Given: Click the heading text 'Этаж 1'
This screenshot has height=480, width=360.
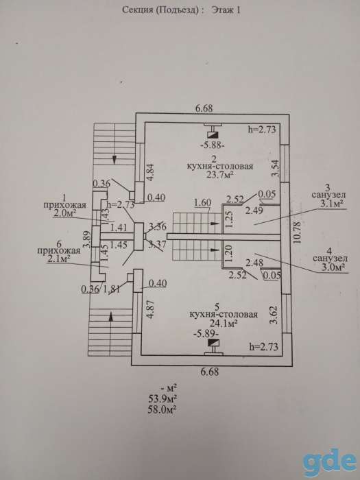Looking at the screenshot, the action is click(x=226, y=10).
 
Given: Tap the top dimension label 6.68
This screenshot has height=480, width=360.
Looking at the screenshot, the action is click(x=204, y=108).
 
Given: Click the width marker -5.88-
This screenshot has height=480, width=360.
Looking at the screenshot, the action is click(x=213, y=146).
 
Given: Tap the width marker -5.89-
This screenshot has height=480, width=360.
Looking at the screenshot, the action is click(x=206, y=333).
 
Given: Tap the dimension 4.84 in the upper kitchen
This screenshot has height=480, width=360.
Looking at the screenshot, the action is click(x=152, y=173).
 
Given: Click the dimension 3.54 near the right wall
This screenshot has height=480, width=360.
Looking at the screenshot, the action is click(x=275, y=168).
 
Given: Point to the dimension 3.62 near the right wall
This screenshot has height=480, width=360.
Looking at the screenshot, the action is click(x=275, y=315).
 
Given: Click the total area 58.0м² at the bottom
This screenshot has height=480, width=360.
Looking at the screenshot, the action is click(x=162, y=409).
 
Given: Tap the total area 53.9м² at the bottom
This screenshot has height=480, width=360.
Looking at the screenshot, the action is click(x=162, y=398).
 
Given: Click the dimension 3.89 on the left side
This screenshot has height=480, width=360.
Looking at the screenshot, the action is click(x=88, y=240).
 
